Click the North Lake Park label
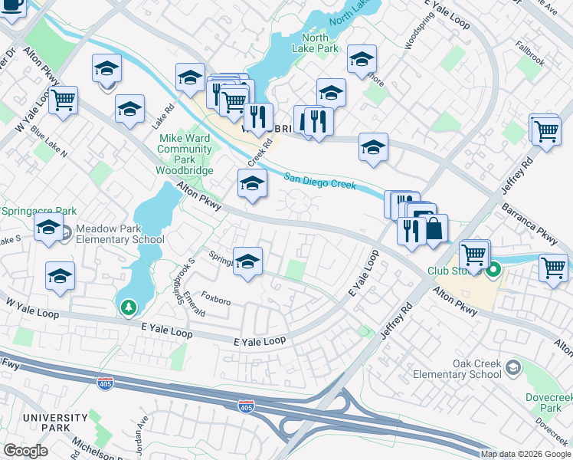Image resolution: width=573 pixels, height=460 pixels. tap(315, 43)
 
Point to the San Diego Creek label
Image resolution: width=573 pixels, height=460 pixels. tap(320, 182)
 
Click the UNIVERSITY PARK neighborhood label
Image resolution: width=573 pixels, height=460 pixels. tap(44, 422)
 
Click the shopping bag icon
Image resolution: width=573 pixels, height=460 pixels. tap(434, 228)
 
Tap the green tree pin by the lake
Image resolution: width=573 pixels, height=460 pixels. tap(129, 307)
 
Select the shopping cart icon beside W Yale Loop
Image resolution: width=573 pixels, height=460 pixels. tap(64, 99)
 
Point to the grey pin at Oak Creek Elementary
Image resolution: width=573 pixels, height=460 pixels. tap(512, 370)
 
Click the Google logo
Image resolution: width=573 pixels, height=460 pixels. tap(25, 451)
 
